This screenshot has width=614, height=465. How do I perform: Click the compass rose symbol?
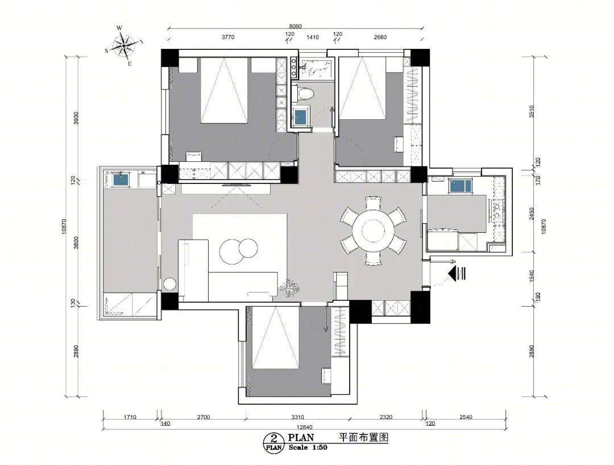click(123, 45)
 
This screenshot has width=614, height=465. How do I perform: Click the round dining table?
click(373, 231)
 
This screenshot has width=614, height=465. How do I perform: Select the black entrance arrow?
click(457, 273)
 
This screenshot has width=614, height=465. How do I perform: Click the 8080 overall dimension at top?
click(295, 26)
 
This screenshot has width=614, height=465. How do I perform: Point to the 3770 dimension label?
click(228, 37)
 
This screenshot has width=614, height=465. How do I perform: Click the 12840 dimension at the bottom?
click(304, 428)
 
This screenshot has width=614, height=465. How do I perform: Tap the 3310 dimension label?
click(297, 417)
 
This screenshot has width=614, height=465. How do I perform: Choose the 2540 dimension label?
click(466, 417)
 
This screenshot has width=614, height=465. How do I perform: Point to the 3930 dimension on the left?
click(76, 118)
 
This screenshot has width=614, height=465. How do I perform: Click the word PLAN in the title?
click(301, 437)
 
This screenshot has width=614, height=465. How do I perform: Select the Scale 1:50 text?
click(308, 447)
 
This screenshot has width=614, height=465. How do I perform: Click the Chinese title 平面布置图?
click(363, 437)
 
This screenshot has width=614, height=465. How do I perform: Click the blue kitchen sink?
click(460, 186)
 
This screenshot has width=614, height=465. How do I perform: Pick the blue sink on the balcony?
click(122, 180)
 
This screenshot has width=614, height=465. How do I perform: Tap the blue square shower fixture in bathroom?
click(301, 116)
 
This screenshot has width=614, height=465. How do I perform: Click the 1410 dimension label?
click(313, 37)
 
